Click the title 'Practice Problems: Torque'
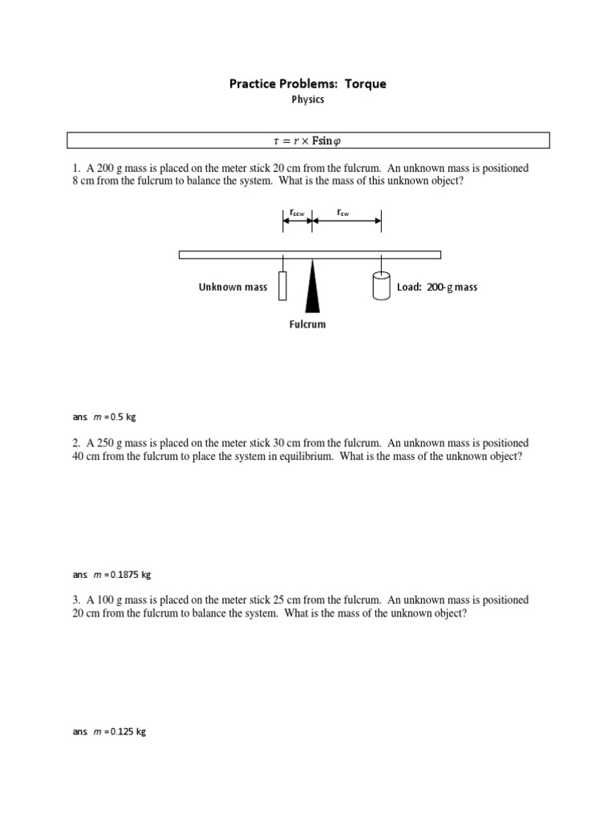tap(308, 83)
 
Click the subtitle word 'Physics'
tap(308, 100)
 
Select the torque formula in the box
tap(308, 141)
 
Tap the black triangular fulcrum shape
tap(312, 288)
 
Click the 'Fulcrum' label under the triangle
tap(308, 325)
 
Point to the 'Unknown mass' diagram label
tap(233, 287)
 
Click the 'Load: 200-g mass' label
tap(437, 287)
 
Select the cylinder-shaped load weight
tap(381, 286)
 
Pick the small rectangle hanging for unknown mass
tap(282, 286)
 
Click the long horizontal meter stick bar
tap(310, 254)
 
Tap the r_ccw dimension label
tap(296, 213)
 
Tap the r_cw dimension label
tap(342, 213)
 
